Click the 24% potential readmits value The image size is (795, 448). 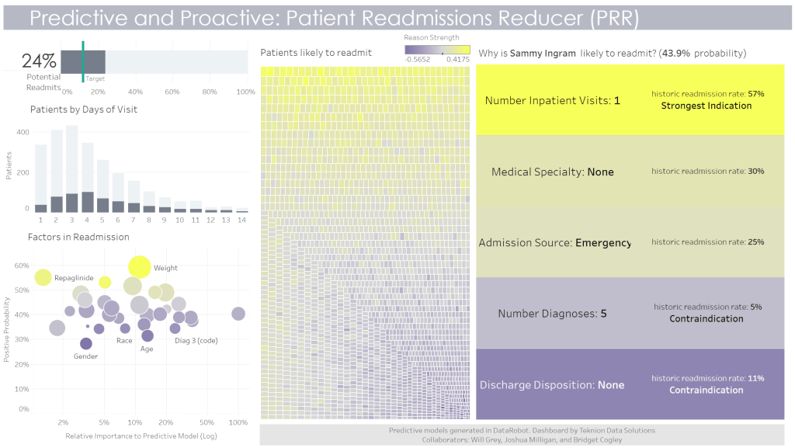point(39,61)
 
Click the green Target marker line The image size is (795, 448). point(83,60)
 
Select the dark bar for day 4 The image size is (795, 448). point(88,202)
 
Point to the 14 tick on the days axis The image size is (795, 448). point(242,221)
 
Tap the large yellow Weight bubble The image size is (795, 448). point(140,266)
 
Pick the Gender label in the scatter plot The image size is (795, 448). point(85,356)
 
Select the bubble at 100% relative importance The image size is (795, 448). point(238,314)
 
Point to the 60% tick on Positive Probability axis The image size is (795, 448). point(22,266)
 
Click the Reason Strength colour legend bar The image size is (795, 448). point(437,50)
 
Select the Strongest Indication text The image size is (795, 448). point(706,106)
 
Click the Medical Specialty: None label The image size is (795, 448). point(552,172)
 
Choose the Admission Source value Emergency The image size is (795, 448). point(603,243)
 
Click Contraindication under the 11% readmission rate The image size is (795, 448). point(706,390)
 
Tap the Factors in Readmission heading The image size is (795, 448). point(78,237)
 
